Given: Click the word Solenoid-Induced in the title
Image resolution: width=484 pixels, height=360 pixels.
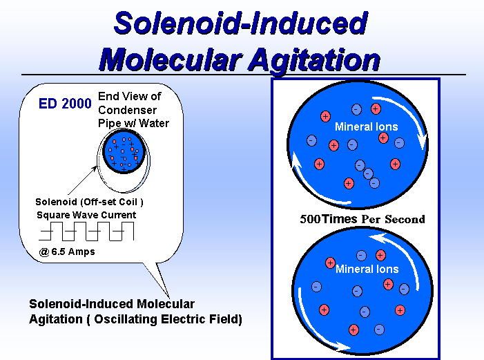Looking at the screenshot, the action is (x=241, y=23).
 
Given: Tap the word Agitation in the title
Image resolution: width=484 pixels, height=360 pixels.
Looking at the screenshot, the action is (x=314, y=60).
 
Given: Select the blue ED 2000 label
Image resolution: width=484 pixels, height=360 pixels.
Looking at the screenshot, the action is (x=65, y=104).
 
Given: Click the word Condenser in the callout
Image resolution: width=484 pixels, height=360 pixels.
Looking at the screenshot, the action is (x=127, y=110).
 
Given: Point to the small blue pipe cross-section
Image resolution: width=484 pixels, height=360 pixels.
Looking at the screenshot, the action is (x=124, y=151).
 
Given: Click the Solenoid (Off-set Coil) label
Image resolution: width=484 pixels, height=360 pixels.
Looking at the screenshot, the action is (x=89, y=202).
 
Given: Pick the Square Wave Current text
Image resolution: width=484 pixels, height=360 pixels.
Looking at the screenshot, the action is (x=86, y=215).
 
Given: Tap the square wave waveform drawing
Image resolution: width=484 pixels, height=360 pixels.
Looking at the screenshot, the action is (x=86, y=231).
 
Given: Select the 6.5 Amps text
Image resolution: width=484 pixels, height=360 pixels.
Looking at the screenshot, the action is (x=73, y=252).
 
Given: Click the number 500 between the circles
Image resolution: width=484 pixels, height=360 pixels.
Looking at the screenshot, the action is (x=310, y=219).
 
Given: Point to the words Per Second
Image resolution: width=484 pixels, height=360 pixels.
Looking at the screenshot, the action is (x=393, y=219).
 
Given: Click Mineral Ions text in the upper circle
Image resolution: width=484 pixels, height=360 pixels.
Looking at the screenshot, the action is (x=367, y=126).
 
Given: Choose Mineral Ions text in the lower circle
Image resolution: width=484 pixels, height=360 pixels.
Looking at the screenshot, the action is (x=367, y=269).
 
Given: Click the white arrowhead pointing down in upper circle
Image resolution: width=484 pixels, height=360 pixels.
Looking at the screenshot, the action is (x=422, y=142).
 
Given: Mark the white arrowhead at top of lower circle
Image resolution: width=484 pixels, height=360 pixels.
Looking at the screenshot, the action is (x=377, y=238).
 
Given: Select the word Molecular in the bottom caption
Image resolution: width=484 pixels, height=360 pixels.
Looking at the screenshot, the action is (x=166, y=304).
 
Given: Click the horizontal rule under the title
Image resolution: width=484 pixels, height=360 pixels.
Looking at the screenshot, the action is (x=244, y=75).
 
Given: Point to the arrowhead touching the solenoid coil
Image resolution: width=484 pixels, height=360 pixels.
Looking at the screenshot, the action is (x=94, y=169).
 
